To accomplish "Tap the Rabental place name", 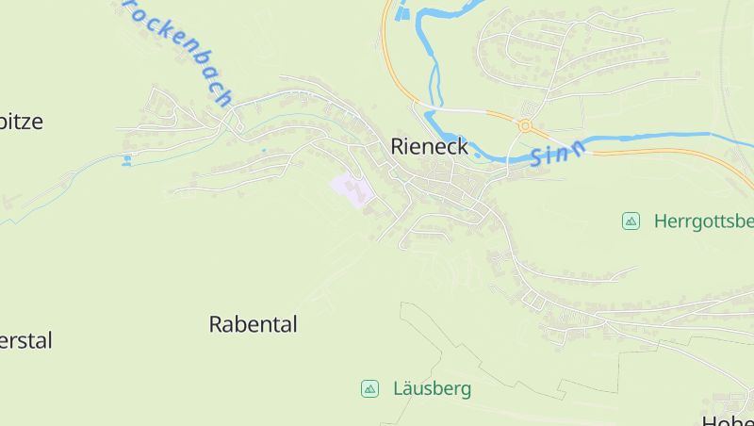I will [x=253, y=325].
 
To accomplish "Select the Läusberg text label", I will [x=432, y=388].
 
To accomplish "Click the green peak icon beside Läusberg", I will [x=369, y=388].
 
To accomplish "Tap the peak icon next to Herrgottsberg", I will [x=631, y=221].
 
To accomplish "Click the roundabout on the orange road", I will [x=524, y=124].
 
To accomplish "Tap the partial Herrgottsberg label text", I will [x=702, y=221].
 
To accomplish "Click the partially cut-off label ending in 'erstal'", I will [x=25, y=340].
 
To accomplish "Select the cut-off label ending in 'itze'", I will [x=22, y=122].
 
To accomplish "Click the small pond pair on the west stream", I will [x=126, y=159].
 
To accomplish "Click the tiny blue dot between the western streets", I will [x=264, y=150].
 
